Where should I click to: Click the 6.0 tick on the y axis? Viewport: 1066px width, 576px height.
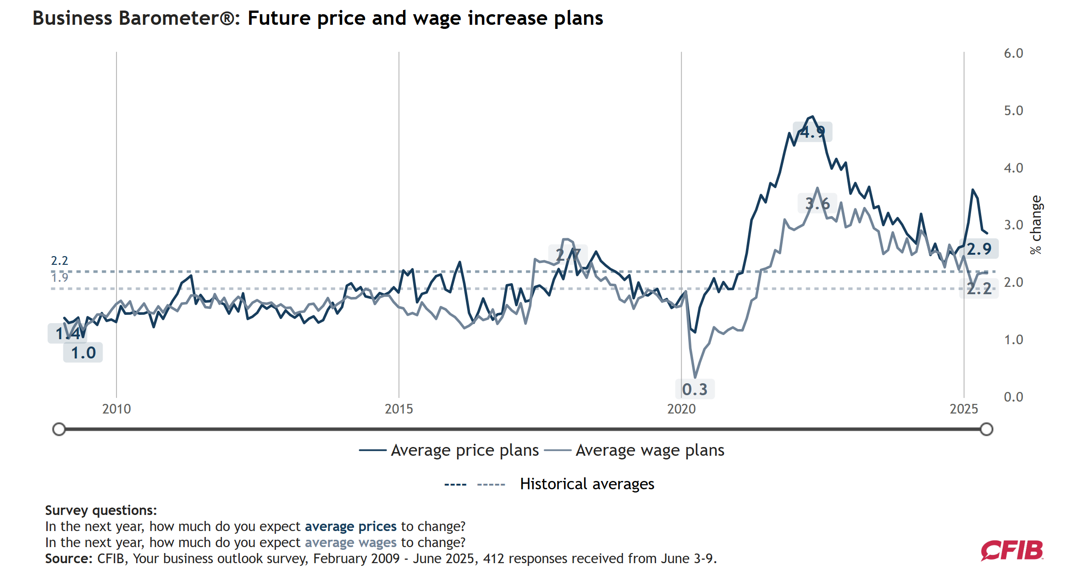coord(1013,54)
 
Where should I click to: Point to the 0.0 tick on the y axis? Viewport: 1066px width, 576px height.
coord(1013,397)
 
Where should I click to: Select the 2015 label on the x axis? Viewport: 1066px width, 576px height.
coord(398,409)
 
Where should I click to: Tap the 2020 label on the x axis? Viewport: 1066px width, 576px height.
coord(681,409)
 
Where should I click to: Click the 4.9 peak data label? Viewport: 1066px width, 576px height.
coord(812,132)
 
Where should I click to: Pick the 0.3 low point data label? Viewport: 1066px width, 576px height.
coord(695,389)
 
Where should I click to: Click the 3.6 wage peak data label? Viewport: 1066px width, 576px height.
coord(817,203)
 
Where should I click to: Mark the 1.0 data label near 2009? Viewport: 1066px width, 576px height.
coord(83,353)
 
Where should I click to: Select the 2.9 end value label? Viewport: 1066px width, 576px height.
coord(979,249)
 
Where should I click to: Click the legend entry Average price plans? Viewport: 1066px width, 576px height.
coord(464,450)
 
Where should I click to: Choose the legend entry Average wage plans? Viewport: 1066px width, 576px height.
coord(650,450)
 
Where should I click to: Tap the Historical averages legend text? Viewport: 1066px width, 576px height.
coord(587,484)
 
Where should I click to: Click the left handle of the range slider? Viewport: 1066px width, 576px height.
coord(59,429)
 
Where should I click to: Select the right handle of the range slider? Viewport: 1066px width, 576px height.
coord(986,429)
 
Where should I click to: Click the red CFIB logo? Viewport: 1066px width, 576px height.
coord(1011,550)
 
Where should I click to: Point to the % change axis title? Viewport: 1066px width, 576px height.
coord(1036,225)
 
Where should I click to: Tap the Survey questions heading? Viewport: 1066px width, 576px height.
coord(101,510)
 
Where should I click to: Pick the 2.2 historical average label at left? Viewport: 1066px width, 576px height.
coord(59,261)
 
